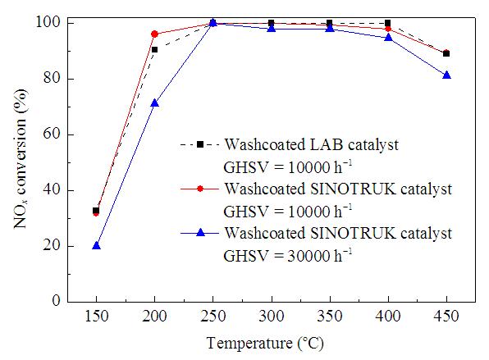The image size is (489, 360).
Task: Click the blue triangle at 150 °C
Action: click(96, 246)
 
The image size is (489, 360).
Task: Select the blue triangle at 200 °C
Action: click(155, 103)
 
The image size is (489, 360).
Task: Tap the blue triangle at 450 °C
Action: click(446, 75)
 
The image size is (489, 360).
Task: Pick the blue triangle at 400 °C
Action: click(388, 38)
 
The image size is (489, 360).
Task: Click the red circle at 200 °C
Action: click(154, 34)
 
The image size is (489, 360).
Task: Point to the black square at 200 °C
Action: click(154, 49)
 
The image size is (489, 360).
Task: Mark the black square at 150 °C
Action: click(96, 211)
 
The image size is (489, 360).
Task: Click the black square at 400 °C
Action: click(387, 23)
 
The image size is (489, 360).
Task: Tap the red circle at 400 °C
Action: click(388, 29)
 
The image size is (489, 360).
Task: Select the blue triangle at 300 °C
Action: click(272, 29)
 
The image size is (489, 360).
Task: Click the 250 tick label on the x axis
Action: click(213, 317)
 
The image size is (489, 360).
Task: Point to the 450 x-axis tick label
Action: click(446, 317)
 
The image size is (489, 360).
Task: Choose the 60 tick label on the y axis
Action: click(52, 134)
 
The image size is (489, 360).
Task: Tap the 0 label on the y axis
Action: click(56, 301)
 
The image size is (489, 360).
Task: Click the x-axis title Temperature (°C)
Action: click(265, 344)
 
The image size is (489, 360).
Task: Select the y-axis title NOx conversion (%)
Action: click(21, 158)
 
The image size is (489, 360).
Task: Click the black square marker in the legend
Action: click(200, 144)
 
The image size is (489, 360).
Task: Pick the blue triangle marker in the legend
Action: click(200, 233)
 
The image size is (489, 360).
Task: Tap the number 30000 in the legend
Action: click(308, 256)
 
